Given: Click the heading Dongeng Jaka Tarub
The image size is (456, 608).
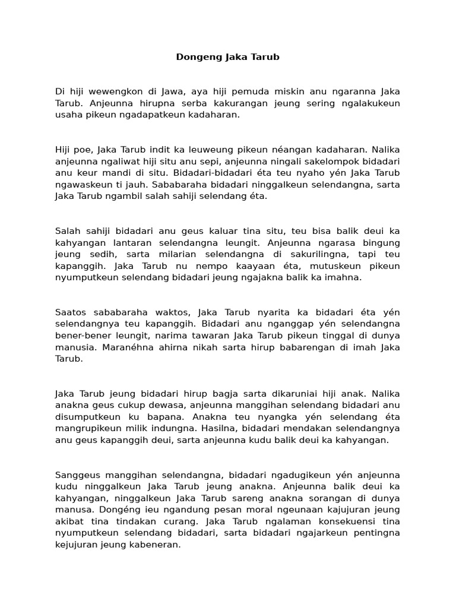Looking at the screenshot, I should (227, 58).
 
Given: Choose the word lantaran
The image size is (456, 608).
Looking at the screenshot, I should (120, 242).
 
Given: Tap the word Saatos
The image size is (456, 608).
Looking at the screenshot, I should (69, 312).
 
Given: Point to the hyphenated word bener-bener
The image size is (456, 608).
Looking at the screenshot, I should (81, 335).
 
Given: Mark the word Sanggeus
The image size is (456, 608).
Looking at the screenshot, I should (76, 474).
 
